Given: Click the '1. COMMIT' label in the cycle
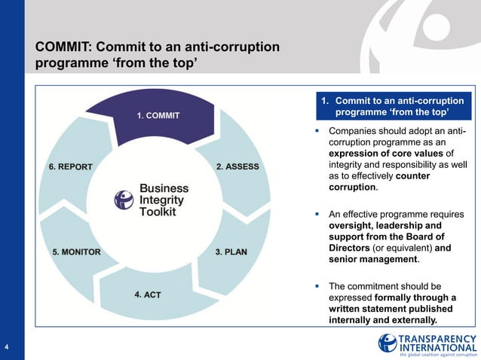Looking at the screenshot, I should tap(158, 116).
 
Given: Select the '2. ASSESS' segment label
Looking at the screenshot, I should tap(237, 166).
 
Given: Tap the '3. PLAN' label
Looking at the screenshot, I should tap(231, 252).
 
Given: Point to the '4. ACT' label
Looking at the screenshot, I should tap(148, 294).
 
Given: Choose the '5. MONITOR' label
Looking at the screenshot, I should tap(76, 252).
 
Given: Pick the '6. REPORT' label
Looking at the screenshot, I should tap(71, 166).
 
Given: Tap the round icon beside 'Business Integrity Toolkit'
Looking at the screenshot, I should tap(124, 200).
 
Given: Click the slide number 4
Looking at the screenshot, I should tap(6, 346).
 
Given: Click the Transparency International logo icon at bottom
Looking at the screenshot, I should tap(388, 343).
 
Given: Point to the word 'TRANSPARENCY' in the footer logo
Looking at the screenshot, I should tap(437, 338).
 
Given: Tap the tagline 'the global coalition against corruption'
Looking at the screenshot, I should tap(438, 355).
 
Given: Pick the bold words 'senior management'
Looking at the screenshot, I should tap(373, 259).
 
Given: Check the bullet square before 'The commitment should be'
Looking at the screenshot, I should tap(318, 286).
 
